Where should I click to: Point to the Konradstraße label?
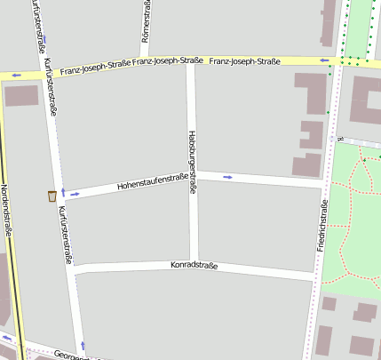tap(194, 265)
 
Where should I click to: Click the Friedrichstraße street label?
tap(321, 223)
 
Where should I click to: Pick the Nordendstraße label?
tap(7, 210)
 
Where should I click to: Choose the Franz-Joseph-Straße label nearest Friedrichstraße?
tap(245, 61)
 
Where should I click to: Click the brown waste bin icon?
tap(52, 196)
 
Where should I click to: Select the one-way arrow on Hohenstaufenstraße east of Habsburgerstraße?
tap(228, 177)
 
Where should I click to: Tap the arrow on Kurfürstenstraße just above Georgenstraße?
tap(83, 344)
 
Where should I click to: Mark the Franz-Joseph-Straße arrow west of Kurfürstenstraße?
tap(17, 76)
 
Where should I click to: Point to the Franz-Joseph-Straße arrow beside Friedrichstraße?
tap(325, 61)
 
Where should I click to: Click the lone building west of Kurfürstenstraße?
tap(20, 95)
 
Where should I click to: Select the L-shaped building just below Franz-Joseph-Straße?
tap(310, 92)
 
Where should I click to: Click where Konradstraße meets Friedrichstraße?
tap(316, 279)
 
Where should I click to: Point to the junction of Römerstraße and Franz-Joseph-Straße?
tap(145, 62)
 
